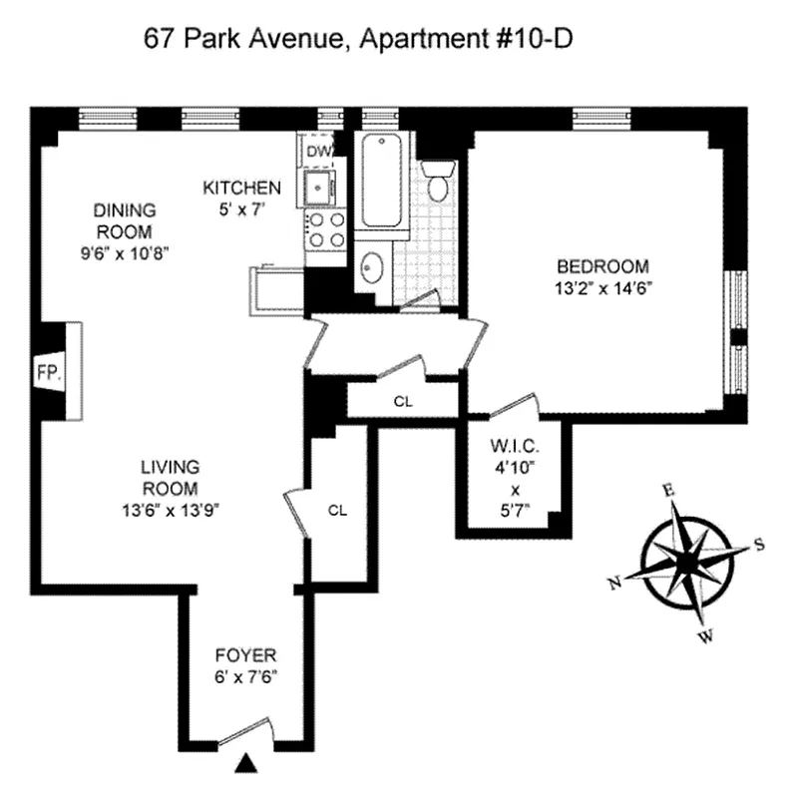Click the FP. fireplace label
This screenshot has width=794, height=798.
click(x=49, y=373)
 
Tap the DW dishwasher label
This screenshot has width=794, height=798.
click(x=318, y=151)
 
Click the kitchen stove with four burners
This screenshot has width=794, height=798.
click(x=325, y=230)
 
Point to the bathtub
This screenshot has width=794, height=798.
click(x=382, y=182)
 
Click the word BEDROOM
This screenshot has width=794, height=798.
click(x=601, y=266)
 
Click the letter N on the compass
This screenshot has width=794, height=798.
click(x=614, y=583)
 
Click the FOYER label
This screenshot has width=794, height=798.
click(x=245, y=655)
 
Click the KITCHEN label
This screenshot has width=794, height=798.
click(x=241, y=188)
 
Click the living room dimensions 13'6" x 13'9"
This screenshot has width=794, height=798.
click(x=170, y=510)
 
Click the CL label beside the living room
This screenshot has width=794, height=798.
click(x=337, y=510)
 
